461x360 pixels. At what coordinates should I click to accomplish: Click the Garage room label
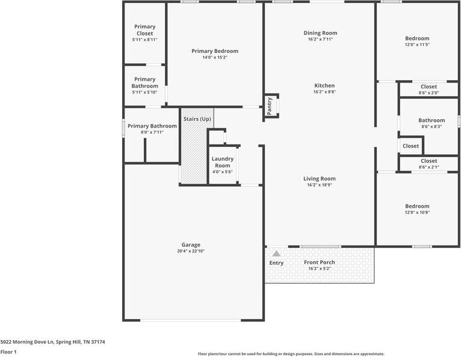tap(191, 245)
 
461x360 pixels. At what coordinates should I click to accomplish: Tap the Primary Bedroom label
tap(215, 51)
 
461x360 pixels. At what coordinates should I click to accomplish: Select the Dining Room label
tap(320, 33)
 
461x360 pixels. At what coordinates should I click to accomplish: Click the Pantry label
tap(270, 105)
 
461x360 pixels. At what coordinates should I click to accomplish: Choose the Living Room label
tap(319, 179)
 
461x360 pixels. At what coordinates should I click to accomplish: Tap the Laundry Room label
tap(222, 162)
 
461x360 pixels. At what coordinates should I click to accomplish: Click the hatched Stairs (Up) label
tap(197, 119)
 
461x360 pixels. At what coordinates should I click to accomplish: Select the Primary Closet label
tap(144, 30)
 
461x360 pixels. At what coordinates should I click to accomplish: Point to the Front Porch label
tap(320, 262)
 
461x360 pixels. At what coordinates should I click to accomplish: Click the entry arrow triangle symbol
tap(276, 253)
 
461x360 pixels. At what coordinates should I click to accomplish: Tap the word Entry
tap(276, 263)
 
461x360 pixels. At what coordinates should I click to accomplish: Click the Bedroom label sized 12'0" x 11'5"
tap(416, 39)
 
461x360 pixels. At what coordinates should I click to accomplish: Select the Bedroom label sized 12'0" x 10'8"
tap(416, 206)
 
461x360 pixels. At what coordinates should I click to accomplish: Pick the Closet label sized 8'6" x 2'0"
tap(429, 87)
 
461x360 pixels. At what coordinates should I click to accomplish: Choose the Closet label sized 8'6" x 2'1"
tap(429, 161)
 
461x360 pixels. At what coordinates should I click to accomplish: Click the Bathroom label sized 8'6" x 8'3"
tap(432, 120)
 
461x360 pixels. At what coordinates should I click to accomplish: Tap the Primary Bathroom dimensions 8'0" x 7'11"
tap(152, 132)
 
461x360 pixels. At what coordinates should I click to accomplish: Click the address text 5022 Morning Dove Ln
tap(28, 342)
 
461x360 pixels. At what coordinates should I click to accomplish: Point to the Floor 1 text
tap(8, 352)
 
